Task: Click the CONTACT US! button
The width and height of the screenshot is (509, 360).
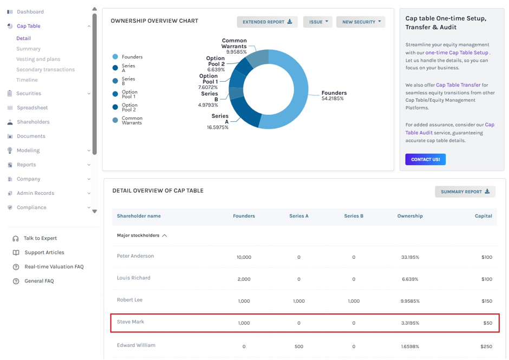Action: [425, 159]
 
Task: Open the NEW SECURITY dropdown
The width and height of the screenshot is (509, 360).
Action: [361, 22]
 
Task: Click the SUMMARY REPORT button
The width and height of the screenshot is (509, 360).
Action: [465, 192]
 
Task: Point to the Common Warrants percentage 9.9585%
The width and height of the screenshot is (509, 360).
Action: [236, 52]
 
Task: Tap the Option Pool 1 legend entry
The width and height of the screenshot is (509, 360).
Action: [125, 94]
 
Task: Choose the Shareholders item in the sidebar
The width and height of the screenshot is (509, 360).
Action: [33, 122]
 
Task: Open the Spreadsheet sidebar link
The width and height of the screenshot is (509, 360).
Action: [32, 107]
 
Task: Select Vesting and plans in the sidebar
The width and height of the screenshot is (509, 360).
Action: [38, 59]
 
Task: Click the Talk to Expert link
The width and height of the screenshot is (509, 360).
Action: [40, 238]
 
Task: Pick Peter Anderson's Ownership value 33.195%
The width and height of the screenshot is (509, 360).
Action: [410, 257]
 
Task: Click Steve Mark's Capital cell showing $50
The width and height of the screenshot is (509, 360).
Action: [487, 323]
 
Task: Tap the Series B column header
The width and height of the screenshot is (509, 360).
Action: [354, 216]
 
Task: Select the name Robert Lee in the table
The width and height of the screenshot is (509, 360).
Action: [129, 299]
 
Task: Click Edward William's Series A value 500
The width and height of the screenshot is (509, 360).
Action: [299, 346]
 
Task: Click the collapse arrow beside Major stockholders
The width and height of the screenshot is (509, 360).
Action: [165, 235]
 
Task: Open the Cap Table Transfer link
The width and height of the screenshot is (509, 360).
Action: [458, 85]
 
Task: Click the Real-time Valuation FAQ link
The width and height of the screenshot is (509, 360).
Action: [54, 266]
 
